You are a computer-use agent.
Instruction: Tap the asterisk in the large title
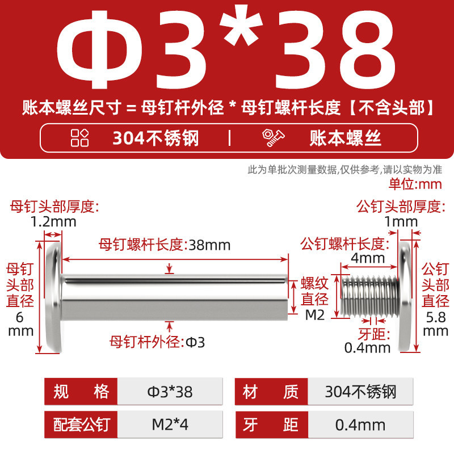(x=241, y=26)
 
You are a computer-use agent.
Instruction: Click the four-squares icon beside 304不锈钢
(x=79, y=138)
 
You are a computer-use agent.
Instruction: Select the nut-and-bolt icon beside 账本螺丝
(x=273, y=138)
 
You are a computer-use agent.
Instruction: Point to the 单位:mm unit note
(x=415, y=184)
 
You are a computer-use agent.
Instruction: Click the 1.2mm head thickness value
(x=53, y=222)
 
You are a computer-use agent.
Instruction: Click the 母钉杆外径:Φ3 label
(x=157, y=342)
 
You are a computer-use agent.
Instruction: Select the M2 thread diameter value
(x=315, y=315)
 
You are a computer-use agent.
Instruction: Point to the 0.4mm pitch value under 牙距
(x=367, y=348)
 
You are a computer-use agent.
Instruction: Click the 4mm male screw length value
(x=368, y=258)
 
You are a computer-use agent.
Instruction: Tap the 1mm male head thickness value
(x=401, y=222)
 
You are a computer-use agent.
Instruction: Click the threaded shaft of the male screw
(x=369, y=296)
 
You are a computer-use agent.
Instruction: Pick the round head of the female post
(x=53, y=297)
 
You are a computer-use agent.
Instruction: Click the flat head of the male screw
(x=405, y=297)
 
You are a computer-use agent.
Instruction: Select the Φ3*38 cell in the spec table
(x=170, y=392)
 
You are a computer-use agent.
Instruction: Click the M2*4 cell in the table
(x=170, y=424)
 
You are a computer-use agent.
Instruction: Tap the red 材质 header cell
(x=271, y=392)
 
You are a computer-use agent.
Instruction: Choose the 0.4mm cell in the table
(x=360, y=424)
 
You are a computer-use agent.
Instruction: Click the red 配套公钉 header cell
(x=81, y=424)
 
